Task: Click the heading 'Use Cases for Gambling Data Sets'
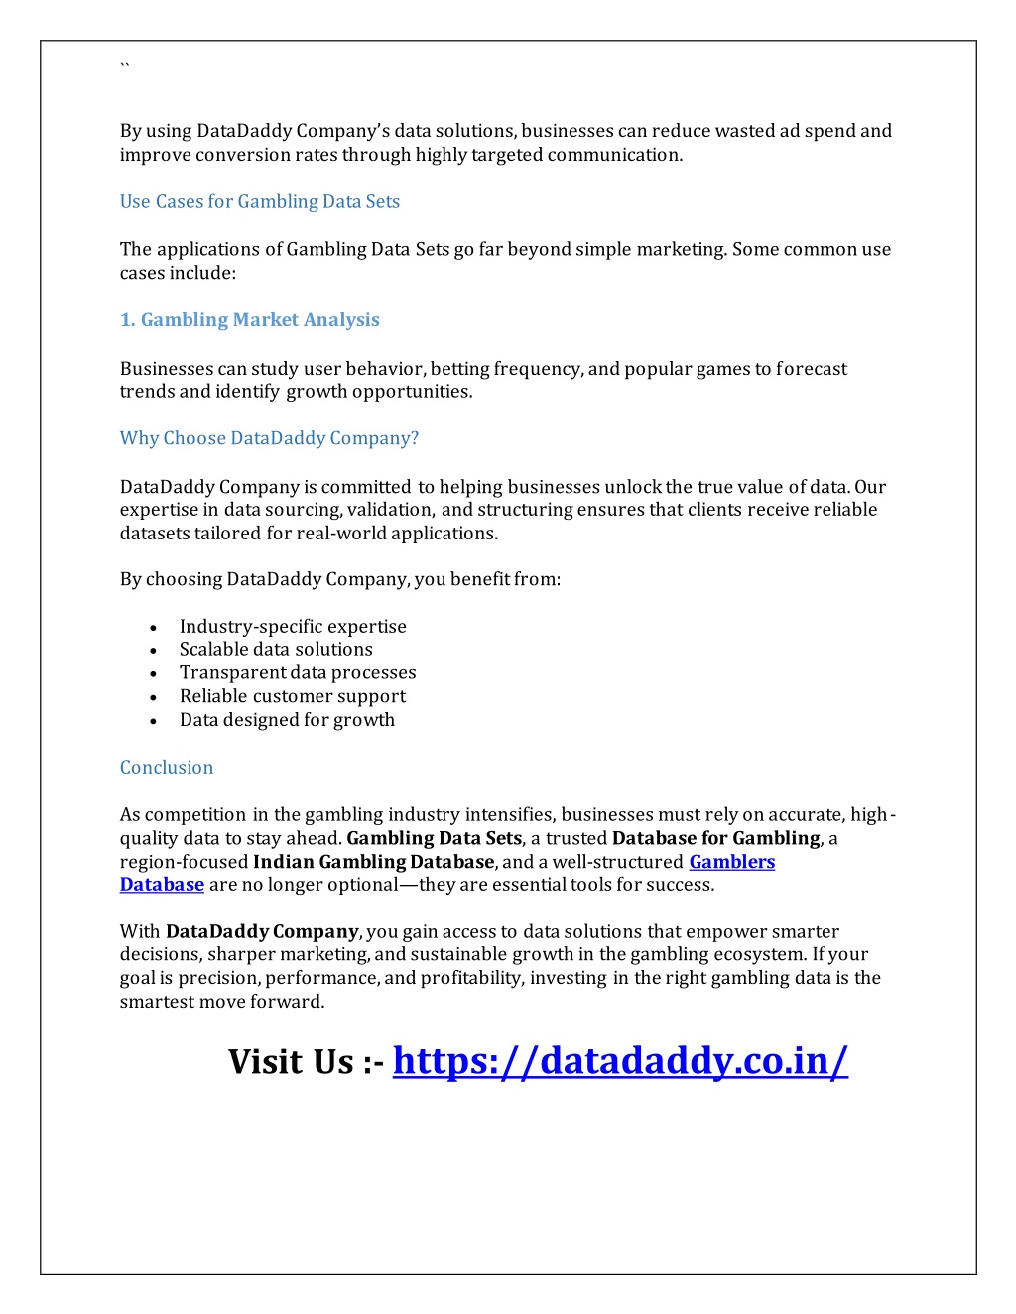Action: tap(259, 202)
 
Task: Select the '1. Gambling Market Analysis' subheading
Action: tap(249, 320)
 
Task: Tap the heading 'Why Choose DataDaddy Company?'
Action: tap(269, 438)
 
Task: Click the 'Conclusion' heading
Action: tap(167, 768)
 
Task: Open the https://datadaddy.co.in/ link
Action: tap(620, 1061)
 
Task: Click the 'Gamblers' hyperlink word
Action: tap(731, 862)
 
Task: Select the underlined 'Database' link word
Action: tap(162, 885)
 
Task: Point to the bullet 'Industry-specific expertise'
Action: tap(293, 627)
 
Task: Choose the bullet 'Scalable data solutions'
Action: tap(276, 650)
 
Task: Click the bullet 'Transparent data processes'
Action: tap(298, 673)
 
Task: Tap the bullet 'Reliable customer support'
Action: tap(293, 697)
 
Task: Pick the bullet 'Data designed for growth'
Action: tap(287, 720)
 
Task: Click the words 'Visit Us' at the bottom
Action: tap(291, 1062)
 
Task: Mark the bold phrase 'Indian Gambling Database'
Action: tap(373, 862)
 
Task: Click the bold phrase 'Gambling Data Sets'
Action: tap(434, 839)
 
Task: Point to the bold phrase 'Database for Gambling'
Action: tap(715, 839)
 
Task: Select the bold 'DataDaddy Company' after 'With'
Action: tap(262, 932)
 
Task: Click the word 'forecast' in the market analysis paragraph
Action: tap(812, 369)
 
